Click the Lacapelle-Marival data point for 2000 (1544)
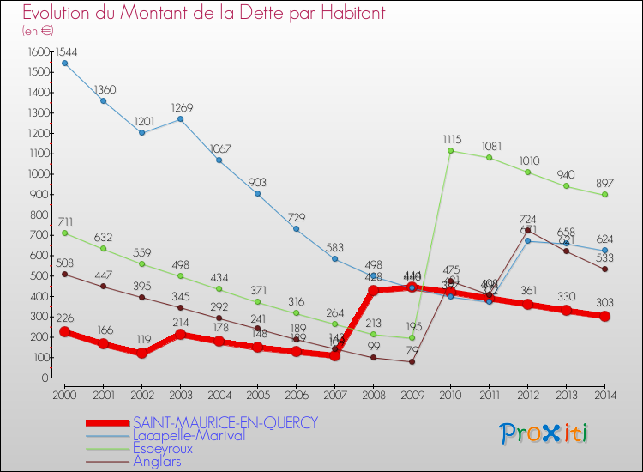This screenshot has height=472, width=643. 64,63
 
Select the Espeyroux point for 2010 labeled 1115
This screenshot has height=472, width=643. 451,151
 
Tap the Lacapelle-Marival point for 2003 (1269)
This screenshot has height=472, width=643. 180,118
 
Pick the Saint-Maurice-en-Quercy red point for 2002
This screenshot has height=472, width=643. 141,354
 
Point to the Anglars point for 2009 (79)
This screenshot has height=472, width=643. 412,361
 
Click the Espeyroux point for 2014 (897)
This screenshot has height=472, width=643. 604,195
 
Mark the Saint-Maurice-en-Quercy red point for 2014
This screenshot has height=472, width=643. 604,316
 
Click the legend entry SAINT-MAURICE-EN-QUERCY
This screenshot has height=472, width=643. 225,422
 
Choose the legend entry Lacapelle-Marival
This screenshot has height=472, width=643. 189,435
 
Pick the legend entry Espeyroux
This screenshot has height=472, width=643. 162,448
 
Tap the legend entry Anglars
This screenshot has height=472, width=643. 157,461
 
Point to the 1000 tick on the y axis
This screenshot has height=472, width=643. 38,174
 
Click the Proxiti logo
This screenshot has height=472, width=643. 545,433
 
